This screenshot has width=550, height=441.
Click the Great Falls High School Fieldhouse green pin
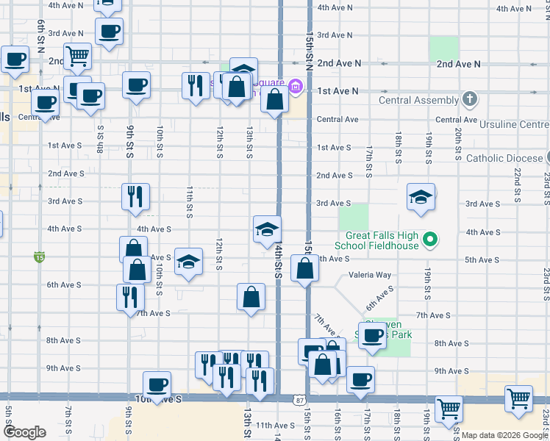(432, 238)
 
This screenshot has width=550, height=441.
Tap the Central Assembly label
(417, 100)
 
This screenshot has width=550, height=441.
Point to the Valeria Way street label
(370, 275)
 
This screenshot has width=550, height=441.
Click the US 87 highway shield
(298, 401)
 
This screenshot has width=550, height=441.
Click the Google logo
(25, 432)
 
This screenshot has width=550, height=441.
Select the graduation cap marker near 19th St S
(421, 197)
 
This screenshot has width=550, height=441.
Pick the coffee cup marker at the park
(374, 336)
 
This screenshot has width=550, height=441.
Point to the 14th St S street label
(279, 262)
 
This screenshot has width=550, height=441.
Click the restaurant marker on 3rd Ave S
(135, 196)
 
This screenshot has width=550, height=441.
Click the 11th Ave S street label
(275, 426)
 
